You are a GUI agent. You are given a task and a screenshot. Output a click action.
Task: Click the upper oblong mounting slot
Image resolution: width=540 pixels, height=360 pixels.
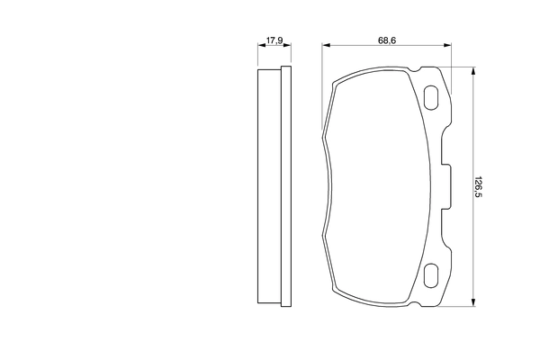pyautogui.click(x=430, y=95)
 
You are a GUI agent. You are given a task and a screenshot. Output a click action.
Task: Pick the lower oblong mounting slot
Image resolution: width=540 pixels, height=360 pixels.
pyautogui.click(x=430, y=274)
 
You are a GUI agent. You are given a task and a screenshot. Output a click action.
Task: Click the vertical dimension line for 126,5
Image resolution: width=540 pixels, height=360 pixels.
pyautogui.click(x=472, y=135)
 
